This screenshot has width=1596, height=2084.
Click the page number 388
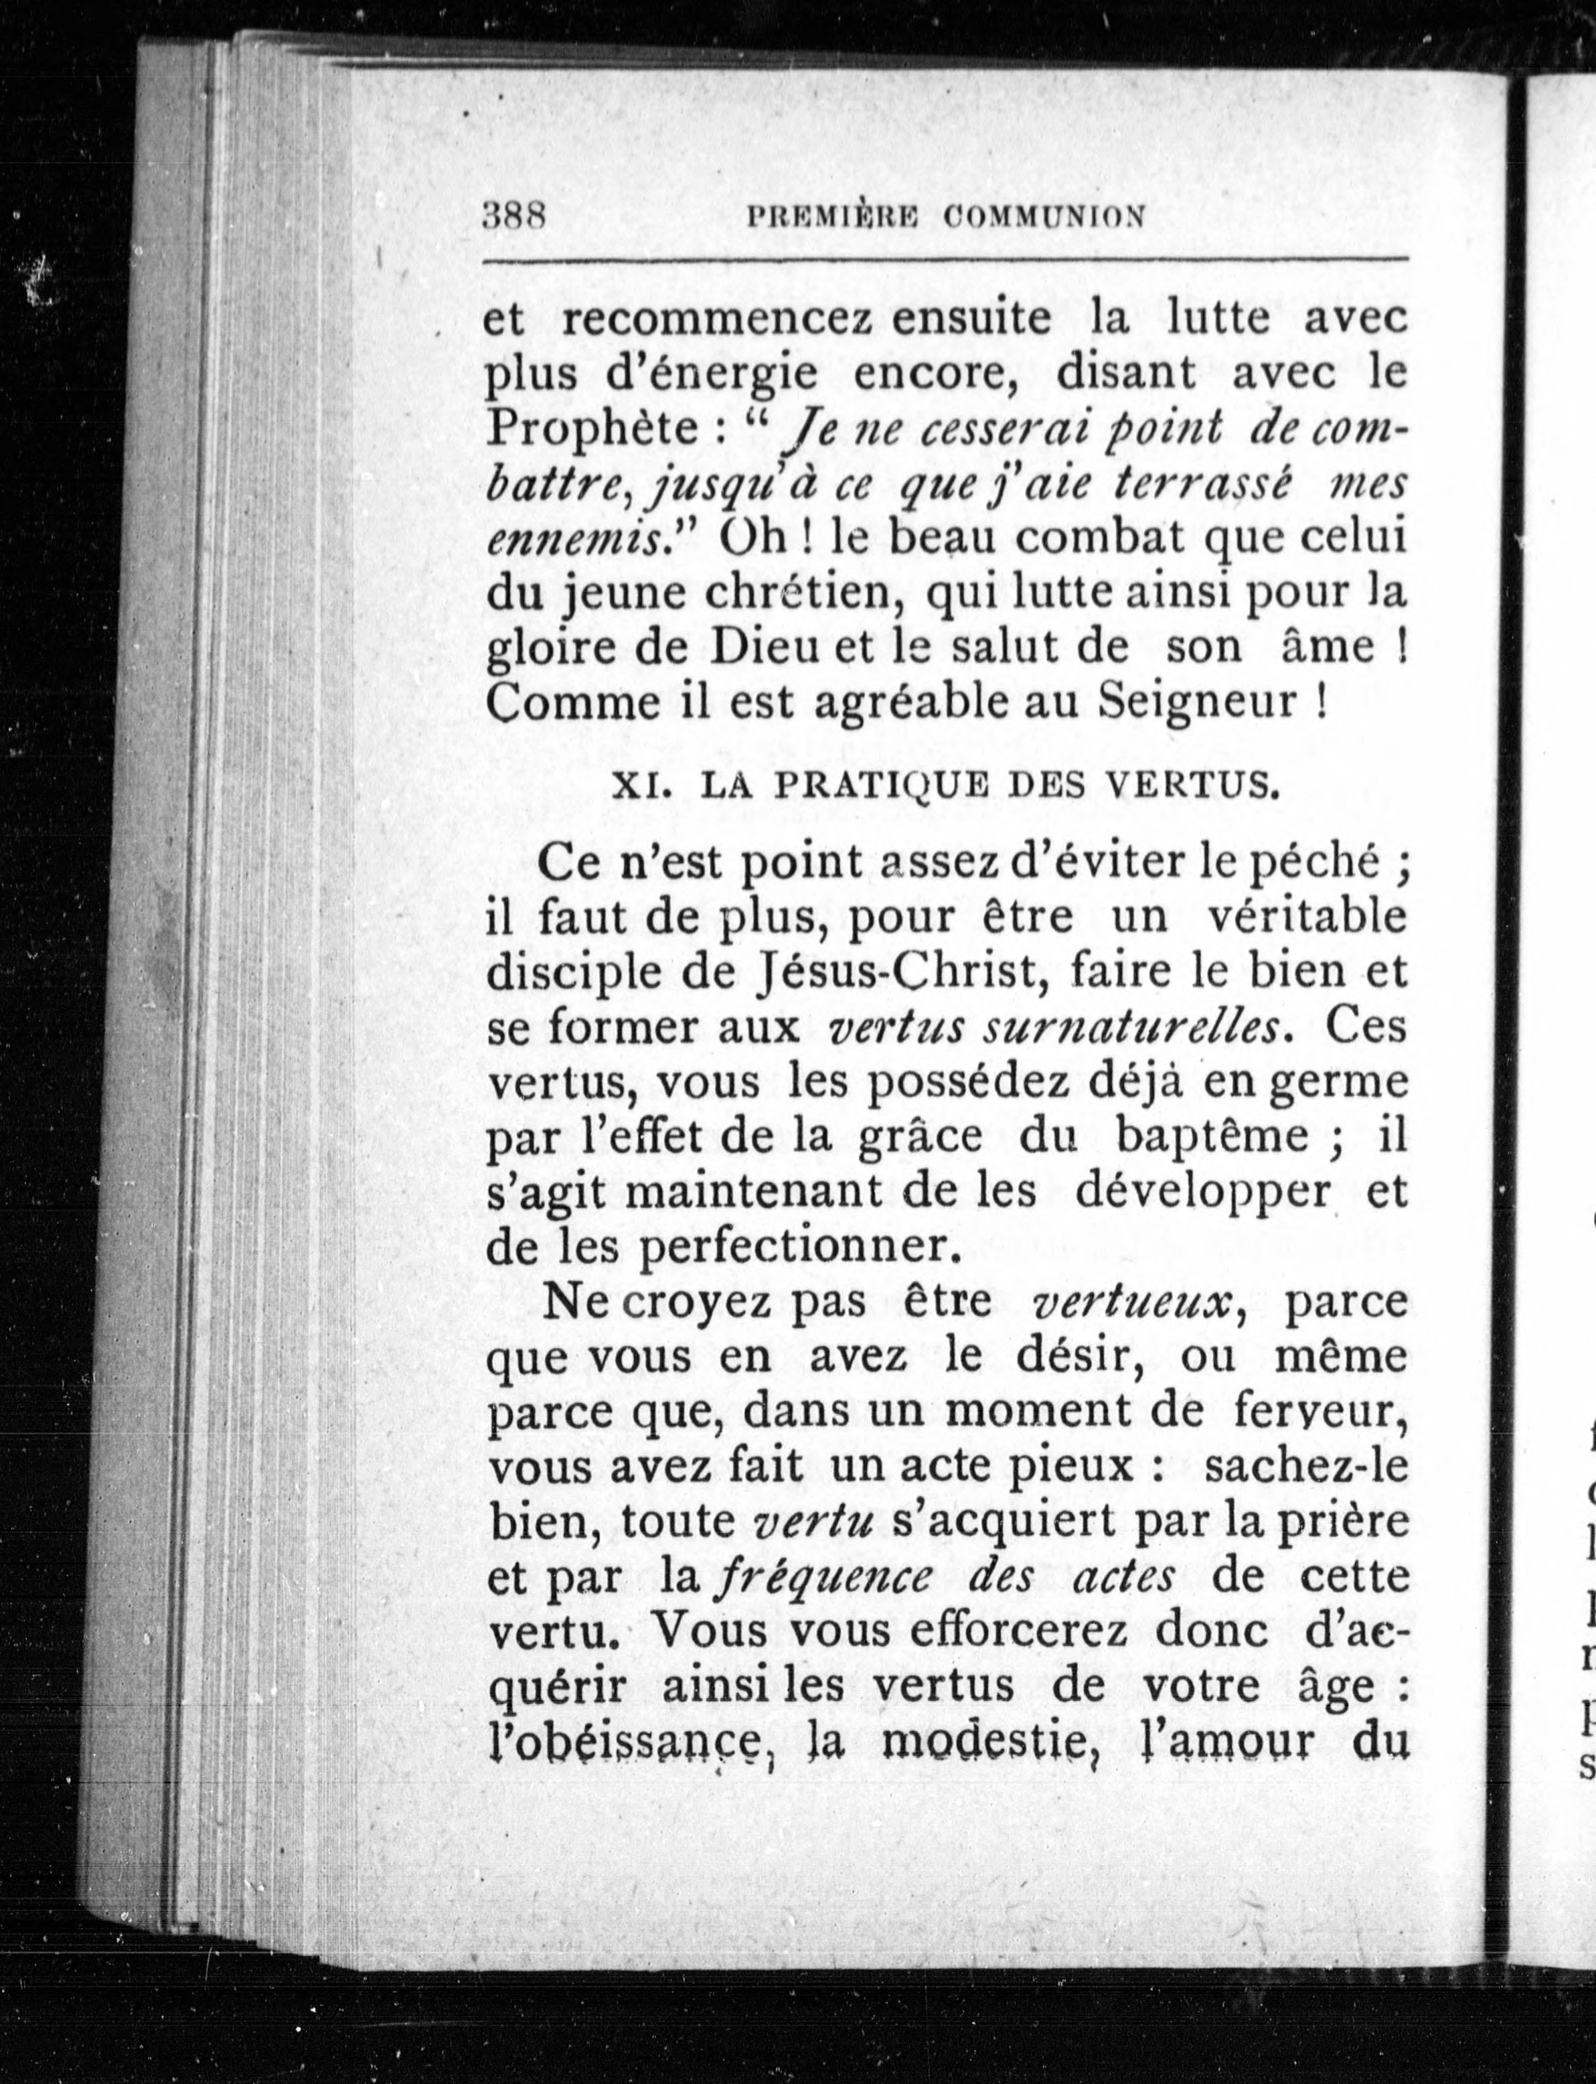[x=512, y=216]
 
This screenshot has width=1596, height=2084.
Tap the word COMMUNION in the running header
[x=1045, y=218]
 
